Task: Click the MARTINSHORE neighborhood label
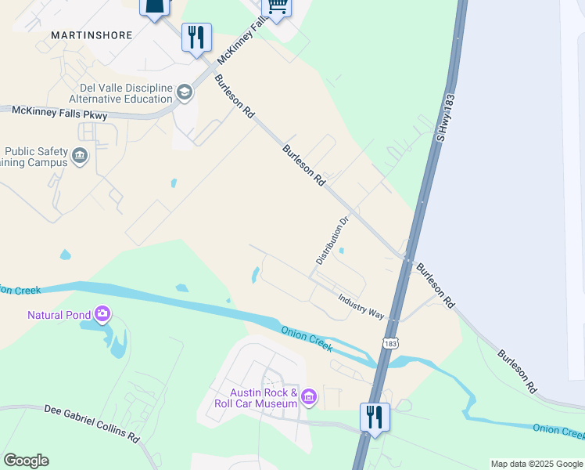[x=92, y=35]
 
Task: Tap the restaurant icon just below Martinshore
[x=196, y=37]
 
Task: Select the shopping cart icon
[x=276, y=6]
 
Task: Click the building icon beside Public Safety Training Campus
[x=80, y=157]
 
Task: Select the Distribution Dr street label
[x=331, y=240]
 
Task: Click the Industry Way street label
[x=361, y=305]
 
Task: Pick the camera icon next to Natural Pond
[x=102, y=315]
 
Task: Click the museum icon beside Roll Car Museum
[x=309, y=398]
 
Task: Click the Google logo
[x=26, y=461]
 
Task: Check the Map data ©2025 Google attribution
[x=537, y=465]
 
